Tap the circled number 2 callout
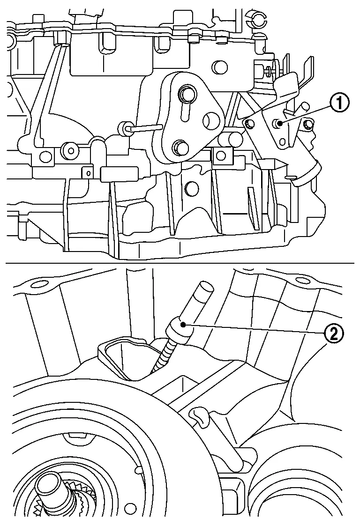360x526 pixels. point(334,333)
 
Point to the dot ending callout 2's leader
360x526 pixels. point(183,324)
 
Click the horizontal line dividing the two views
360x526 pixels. point(180,263)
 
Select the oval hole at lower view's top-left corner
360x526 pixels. point(39,283)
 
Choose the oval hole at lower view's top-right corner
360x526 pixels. point(303,281)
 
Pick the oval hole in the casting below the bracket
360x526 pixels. point(192,188)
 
